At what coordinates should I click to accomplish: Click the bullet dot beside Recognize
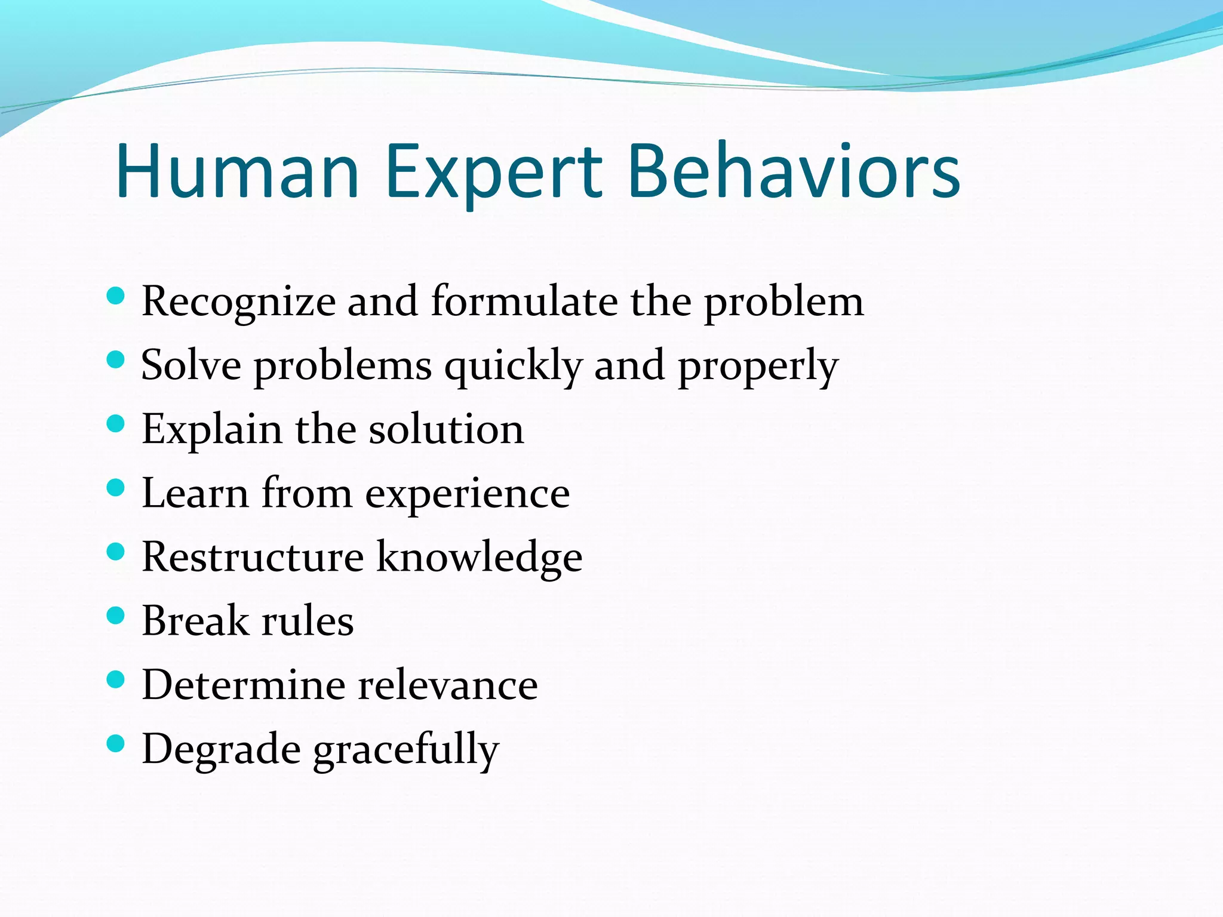click(x=115, y=296)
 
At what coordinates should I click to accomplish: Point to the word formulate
click(x=524, y=301)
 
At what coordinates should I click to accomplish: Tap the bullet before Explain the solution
click(x=115, y=424)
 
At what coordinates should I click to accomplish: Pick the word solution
click(x=446, y=429)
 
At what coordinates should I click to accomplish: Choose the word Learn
click(x=195, y=494)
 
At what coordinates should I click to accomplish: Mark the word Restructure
click(x=253, y=557)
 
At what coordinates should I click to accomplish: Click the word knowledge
click(x=479, y=558)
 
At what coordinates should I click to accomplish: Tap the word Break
click(x=195, y=621)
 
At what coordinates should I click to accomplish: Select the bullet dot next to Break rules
click(x=115, y=616)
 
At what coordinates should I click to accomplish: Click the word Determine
click(x=243, y=685)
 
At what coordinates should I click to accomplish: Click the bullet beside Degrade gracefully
click(x=115, y=743)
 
